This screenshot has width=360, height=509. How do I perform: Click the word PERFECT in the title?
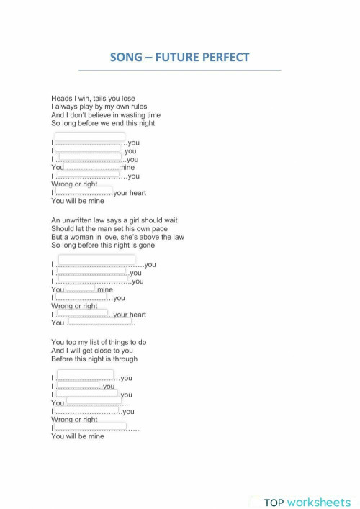point(222,58)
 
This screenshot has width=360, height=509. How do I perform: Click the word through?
point(124,359)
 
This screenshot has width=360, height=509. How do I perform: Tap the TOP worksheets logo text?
point(307,502)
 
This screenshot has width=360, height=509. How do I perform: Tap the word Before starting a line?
point(63,359)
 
